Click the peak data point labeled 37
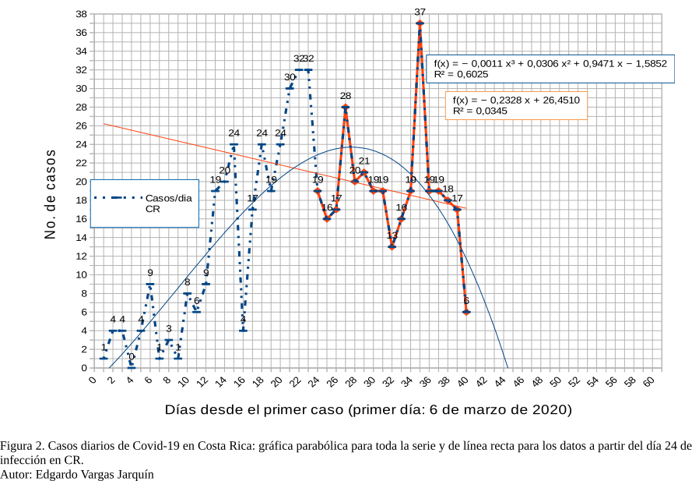(x=420, y=23)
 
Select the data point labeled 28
(x=346, y=107)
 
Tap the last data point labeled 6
(x=466, y=312)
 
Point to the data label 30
(x=290, y=77)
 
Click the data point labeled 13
(x=392, y=246)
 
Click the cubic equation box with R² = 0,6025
(x=550, y=69)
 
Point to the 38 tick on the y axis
(x=81, y=14)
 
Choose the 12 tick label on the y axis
(x=81, y=256)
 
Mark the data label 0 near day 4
(x=132, y=356)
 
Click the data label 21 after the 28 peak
(x=364, y=161)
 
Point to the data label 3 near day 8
(x=169, y=329)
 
